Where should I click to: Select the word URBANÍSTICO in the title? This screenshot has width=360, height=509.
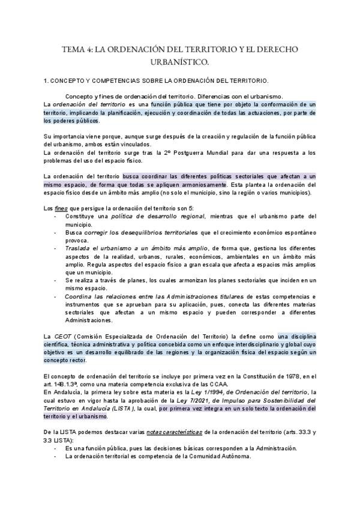tap(179, 61)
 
